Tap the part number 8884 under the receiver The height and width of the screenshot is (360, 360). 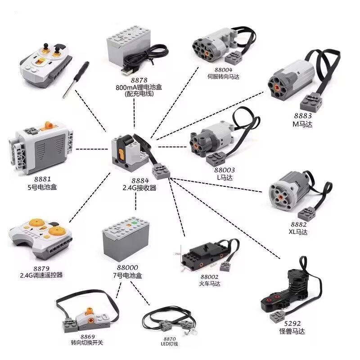pos(134,180)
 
